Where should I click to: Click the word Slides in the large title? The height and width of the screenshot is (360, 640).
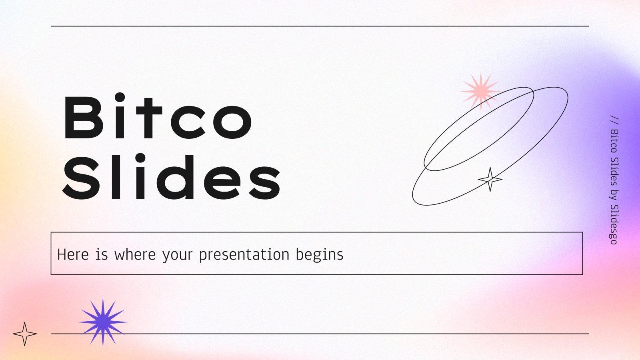pyautogui.click(x=172, y=178)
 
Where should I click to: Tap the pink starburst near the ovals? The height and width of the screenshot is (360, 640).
pyautogui.click(x=480, y=90)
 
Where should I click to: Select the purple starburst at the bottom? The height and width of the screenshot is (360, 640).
pyautogui.click(x=103, y=322)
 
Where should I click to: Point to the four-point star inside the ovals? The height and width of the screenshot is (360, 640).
pyautogui.click(x=490, y=179)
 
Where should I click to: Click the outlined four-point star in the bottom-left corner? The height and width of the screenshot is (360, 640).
pyautogui.click(x=24, y=334)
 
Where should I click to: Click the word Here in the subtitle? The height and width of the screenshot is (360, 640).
pyautogui.click(x=73, y=254)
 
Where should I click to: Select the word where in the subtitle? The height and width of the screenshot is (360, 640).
pyautogui.click(x=135, y=255)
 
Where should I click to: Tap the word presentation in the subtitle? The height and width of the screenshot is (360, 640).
pyautogui.click(x=244, y=255)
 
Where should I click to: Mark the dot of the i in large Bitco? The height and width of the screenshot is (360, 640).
pyautogui.click(x=120, y=96)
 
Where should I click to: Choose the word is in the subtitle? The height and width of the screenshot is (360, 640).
pyautogui.click(x=102, y=254)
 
